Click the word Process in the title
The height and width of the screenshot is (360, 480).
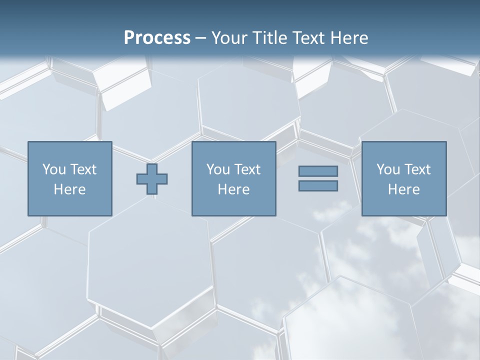pos(157,38)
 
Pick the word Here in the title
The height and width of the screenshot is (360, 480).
pos(349,38)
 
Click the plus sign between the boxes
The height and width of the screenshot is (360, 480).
pos(152,179)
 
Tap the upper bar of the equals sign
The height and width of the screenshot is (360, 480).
pos(318,171)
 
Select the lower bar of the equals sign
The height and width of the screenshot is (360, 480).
pos(318,186)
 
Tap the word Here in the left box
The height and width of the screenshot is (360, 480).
pos(69,189)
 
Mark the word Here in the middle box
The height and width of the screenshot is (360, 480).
pos(233,189)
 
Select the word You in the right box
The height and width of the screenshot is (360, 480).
pos(388,169)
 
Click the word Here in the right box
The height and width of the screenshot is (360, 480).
pos(403,189)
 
